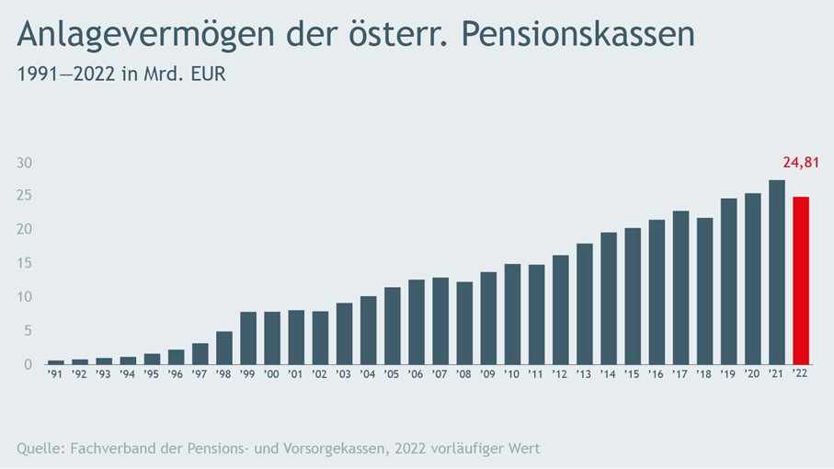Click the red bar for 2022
801,280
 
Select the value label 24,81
799,164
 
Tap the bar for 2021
777,272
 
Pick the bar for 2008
464,323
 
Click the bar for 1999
248,337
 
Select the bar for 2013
585,303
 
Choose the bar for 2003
344,333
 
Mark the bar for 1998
224,348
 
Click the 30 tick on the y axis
25,163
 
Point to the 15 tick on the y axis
25,263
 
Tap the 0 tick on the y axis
28,364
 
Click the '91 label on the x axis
56,376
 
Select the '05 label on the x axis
393,376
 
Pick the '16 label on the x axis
657,376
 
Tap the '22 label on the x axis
801,376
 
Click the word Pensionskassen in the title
577,35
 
